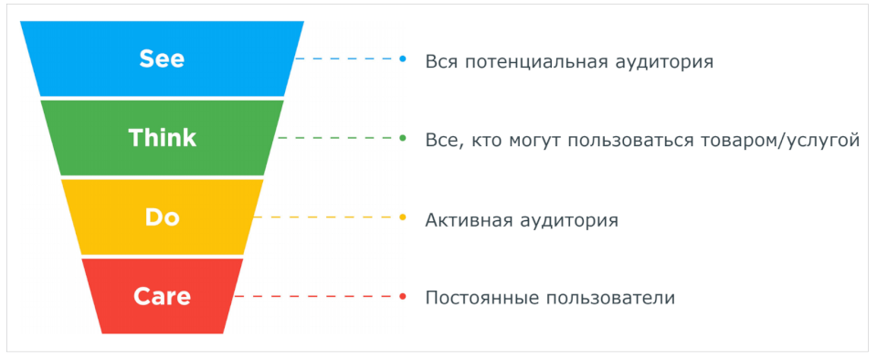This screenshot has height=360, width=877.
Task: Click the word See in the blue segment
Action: (163, 58)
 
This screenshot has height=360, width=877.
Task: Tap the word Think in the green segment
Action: (163, 138)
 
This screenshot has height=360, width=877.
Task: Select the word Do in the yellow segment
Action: (163, 217)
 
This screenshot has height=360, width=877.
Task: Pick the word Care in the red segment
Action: (163, 296)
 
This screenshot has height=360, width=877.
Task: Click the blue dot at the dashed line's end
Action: (403, 58)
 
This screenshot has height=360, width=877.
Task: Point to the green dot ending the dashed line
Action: (403, 138)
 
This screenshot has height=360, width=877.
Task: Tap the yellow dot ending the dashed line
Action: (403, 217)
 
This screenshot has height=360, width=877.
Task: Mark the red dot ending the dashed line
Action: (403, 296)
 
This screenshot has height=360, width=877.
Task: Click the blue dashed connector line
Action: (347, 58)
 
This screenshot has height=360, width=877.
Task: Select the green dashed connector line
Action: (338, 138)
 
